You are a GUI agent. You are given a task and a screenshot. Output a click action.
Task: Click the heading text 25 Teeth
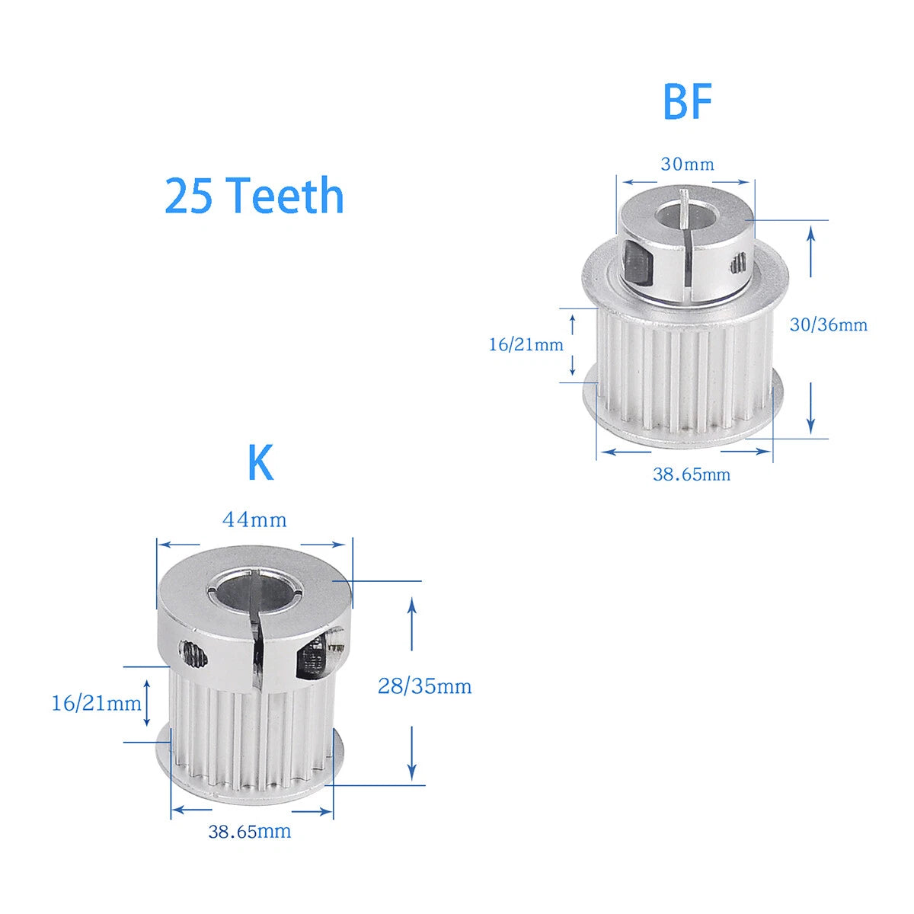click(x=254, y=195)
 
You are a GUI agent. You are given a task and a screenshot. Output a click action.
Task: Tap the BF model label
click(x=687, y=101)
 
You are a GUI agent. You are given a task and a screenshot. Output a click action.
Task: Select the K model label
click(x=260, y=462)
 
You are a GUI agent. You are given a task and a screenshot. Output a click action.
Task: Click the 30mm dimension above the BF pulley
click(x=687, y=165)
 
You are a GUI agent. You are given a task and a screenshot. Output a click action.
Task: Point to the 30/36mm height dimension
click(x=829, y=325)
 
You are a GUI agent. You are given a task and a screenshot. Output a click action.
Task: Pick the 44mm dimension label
click(x=254, y=520)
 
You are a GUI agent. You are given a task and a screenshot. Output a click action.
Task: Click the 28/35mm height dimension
click(x=424, y=686)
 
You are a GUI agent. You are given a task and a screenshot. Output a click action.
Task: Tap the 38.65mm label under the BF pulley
click(x=692, y=475)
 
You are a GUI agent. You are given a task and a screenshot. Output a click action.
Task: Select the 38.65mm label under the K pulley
click(x=250, y=832)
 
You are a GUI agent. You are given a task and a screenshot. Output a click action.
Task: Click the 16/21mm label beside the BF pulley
click(x=526, y=345)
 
